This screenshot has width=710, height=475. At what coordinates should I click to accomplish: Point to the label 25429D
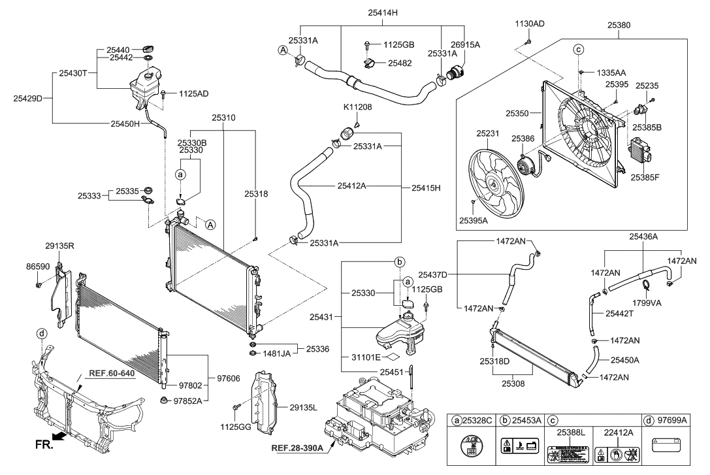27,99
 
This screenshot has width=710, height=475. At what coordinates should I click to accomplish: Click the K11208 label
357,106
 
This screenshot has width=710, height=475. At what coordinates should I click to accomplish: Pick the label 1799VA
647,302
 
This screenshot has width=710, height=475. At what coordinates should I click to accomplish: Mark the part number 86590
38,267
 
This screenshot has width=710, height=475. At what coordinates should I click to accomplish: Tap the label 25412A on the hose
351,186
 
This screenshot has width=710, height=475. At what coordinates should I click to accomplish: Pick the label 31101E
363,357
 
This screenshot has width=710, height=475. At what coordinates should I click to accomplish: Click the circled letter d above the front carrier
42,333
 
